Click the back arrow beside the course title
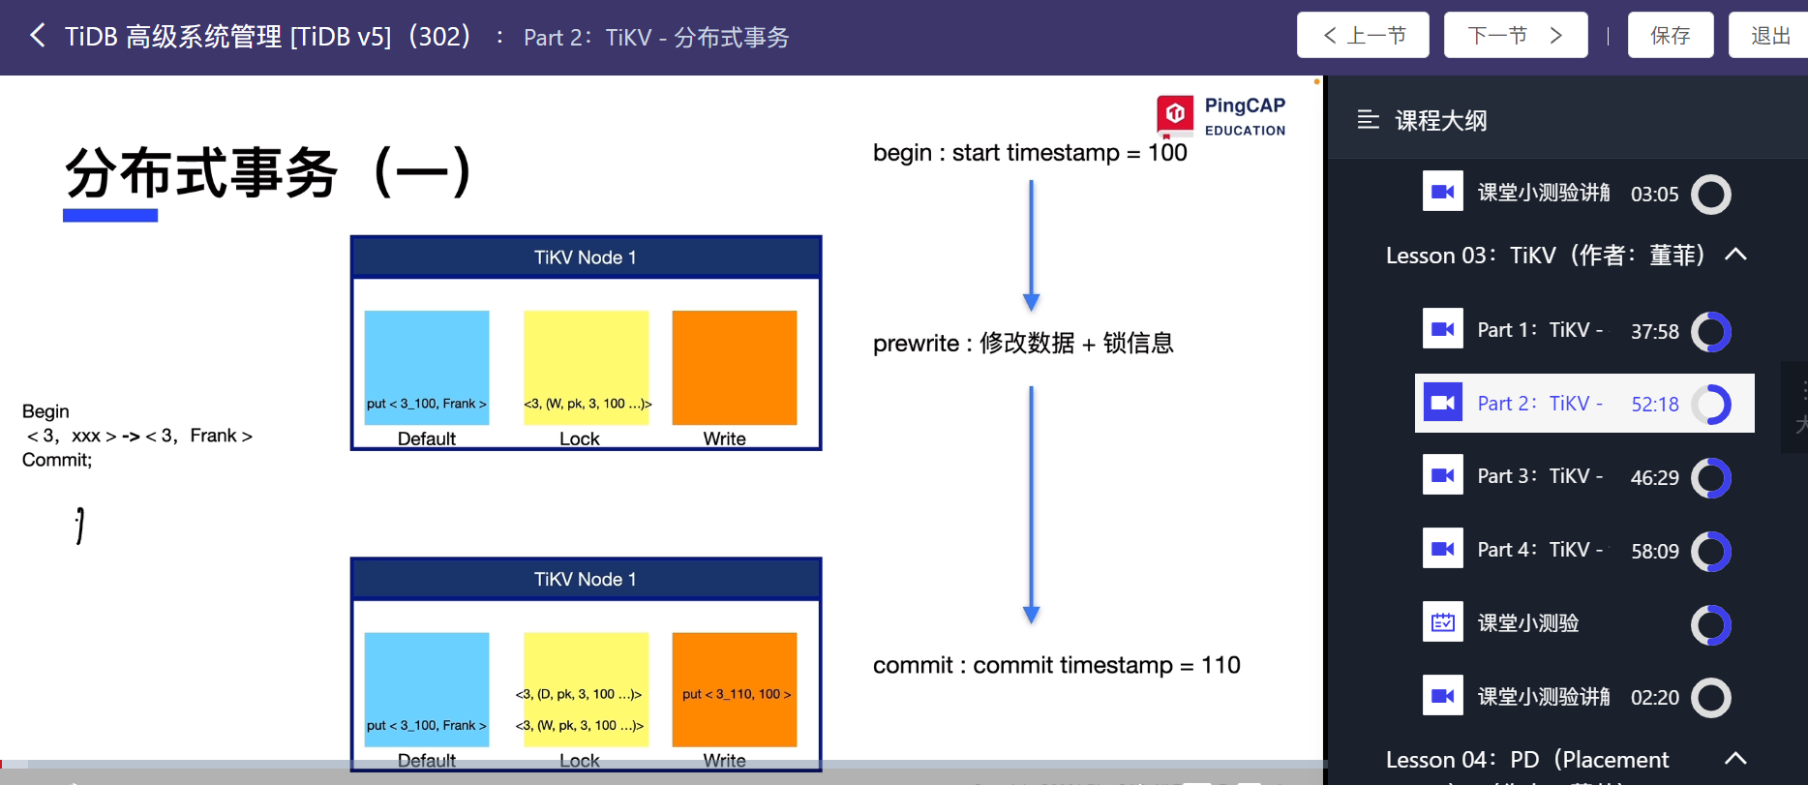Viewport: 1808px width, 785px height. click(x=38, y=36)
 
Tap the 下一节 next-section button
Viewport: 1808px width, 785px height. click(x=1515, y=36)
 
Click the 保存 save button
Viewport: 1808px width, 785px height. click(x=1670, y=36)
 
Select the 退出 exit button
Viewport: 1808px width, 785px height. click(x=1769, y=36)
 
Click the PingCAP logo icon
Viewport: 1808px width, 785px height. click(x=1175, y=114)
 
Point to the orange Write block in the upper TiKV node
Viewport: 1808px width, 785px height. click(x=734, y=367)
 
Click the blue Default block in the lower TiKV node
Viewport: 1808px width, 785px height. click(x=426, y=688)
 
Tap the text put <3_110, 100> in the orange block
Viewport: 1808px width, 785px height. click(x=736, y=694)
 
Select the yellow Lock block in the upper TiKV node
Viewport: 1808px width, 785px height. click(x=586, y=367)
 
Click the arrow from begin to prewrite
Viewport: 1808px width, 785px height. click(x=1031, y=246)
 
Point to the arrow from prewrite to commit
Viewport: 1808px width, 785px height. click(x=1031, y=503)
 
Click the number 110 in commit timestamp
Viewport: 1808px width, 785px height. click(x=1220, y=665)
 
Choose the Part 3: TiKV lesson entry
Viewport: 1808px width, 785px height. click(x=1539, y=476)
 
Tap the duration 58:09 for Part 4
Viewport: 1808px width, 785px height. click(x=1654, y=551)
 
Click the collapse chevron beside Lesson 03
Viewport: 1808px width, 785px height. click(x=1735, y=255)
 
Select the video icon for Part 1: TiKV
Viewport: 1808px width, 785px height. click(x=1442, y=329)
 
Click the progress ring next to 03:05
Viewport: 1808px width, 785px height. click(x=1710, y=194)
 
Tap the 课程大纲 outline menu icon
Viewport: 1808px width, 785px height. click(x=1368, y=120)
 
